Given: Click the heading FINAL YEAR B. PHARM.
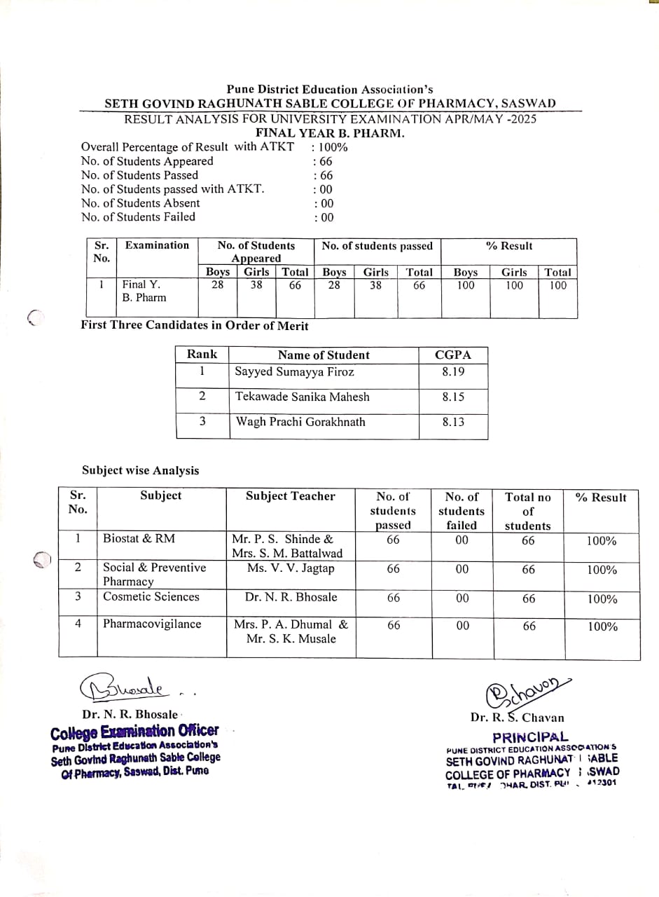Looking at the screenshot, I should pos(330,133).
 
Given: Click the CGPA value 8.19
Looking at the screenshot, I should pos(453,372).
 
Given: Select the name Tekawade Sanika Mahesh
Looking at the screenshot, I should pos(302,397).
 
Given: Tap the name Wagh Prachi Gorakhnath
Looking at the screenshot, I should pos(300,422).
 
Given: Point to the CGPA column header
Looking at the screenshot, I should pos(453,355).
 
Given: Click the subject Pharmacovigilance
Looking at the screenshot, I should pos(152,624).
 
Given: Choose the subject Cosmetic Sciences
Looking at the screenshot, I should pos(151,596).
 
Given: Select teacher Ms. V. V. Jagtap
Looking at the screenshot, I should pos(291,568).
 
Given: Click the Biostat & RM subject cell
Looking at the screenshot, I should pos(139,539).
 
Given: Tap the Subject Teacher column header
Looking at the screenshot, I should pos(291,496).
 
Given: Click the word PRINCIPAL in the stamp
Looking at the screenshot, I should pos(530,737).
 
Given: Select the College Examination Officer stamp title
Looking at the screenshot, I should pos(134,732).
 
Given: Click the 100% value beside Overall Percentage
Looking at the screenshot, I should pos(331,147).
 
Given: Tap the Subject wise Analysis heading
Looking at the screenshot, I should pos(140,470).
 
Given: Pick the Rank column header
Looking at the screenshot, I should pos(202,355).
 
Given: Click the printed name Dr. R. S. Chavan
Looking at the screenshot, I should pos(517,718).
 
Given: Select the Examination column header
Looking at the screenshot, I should pos(157,245).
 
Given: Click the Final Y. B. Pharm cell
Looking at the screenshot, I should pos(144,291).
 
